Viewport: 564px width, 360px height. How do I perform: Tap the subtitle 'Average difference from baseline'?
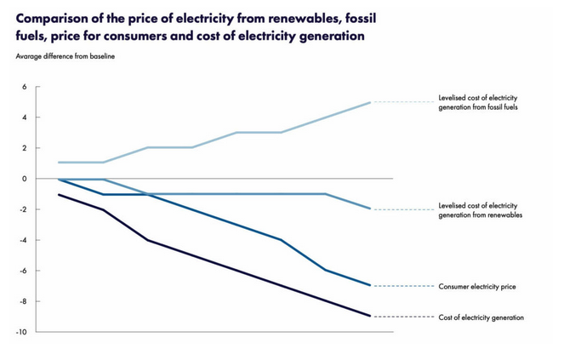pos(65,56)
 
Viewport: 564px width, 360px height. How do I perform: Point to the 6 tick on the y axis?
pos(25,87)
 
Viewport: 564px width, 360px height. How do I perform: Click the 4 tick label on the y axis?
pos(25,117)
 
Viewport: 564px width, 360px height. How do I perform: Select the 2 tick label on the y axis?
pos(25,148)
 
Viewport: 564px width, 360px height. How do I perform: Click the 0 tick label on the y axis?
pos(25,179)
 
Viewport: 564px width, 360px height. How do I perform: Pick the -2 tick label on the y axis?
pos(23,209)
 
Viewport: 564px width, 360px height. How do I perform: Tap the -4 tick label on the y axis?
pos(23,240)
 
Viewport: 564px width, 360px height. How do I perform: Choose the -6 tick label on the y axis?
pos(23,271)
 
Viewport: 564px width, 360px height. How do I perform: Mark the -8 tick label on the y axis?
pos(23,301)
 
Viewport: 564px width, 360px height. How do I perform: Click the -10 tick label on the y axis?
pos(21,332)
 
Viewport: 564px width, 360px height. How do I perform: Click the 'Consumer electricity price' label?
pos(477,287)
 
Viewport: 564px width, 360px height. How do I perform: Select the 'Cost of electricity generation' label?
pos(481,317)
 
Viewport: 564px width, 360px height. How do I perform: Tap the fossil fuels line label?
pos(478,102)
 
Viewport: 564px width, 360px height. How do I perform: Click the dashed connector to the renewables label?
pos(402,209)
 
